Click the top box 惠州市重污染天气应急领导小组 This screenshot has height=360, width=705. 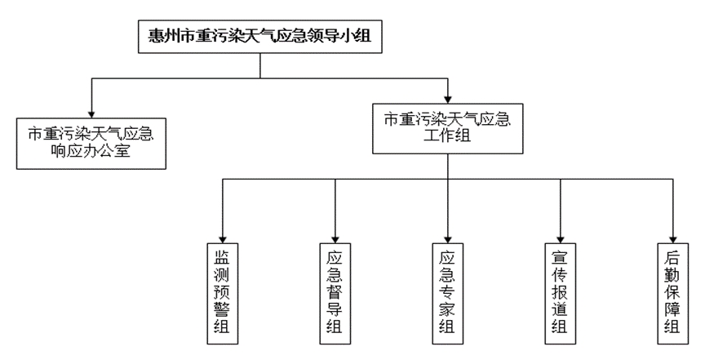259,36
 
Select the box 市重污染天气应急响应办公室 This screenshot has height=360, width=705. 91,142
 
